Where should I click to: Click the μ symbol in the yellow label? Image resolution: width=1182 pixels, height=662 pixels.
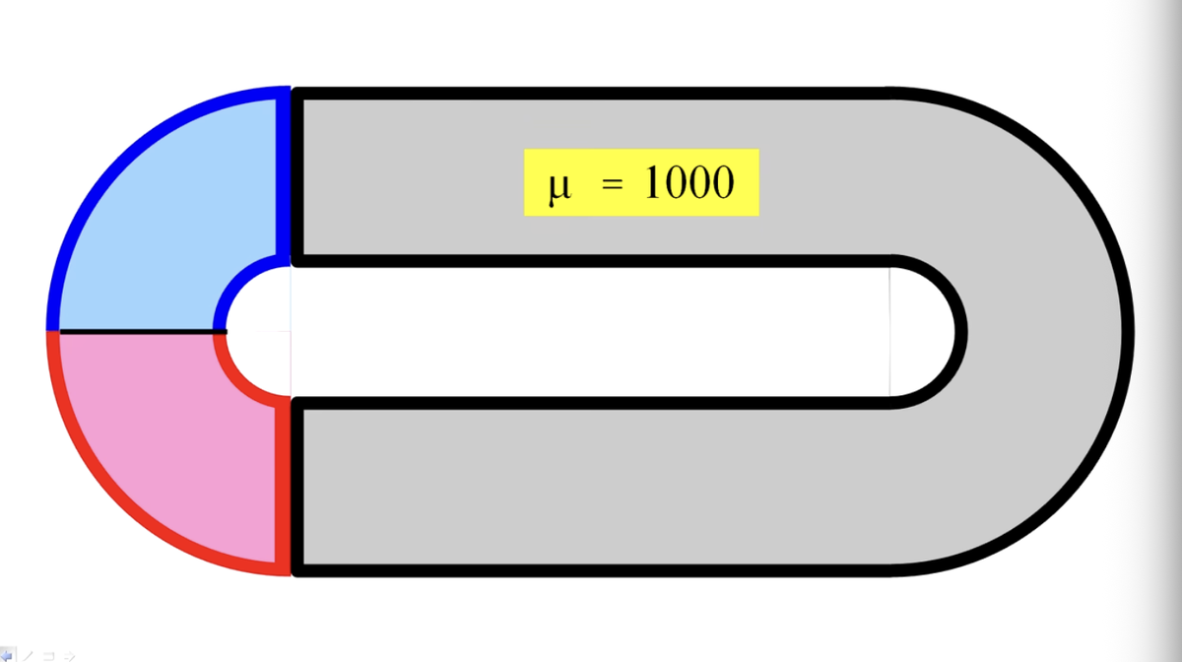click(x=559, y=187)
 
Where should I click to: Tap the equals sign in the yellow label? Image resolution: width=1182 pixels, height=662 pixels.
click(x=612, y=183)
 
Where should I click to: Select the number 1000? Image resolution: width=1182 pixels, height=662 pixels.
click(x=689, y=181)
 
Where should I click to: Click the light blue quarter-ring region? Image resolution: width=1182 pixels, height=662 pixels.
click(x=159, y=211)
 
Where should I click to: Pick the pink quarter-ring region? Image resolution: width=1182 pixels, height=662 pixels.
click(x=159, y=449)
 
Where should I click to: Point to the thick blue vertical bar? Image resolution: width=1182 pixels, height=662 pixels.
click(x=284, y=177)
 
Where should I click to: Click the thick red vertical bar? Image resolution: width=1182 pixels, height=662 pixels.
click(x=284, y=486)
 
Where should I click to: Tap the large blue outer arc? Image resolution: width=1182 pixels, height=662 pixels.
click(x=122, y=159)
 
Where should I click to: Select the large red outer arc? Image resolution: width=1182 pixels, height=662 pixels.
click(x=122, y=504)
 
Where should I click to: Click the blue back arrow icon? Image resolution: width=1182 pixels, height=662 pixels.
click(x=7, y=655)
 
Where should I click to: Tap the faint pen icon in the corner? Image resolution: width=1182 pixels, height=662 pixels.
click(x=28, y=656)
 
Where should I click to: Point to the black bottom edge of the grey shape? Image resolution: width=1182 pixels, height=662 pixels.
click(x=591, y=570)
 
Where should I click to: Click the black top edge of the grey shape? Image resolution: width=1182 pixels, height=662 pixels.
click(x=591, y=94)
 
